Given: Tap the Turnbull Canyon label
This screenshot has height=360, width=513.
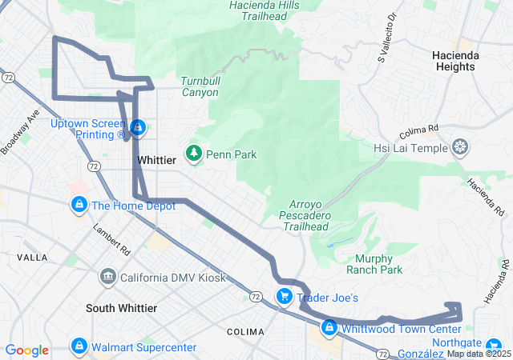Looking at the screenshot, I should tap(200, 87).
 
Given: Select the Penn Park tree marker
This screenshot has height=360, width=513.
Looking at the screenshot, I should tap(193, 153).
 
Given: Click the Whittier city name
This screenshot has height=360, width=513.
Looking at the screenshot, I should tap(156, 160).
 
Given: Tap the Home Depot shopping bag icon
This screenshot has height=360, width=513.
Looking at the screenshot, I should tap(79, 205).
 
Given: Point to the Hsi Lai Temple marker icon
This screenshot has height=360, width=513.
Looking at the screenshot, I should tap(460, 147).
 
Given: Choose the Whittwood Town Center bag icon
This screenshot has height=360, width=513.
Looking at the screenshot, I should tap(329, 328).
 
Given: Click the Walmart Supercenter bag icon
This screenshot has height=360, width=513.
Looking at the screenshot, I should tap(79, 346).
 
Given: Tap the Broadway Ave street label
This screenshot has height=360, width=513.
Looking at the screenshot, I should tap(20, 131).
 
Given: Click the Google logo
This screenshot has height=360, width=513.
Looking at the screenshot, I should tap(26, 350).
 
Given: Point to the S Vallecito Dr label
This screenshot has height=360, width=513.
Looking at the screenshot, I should tap(386, 48).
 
